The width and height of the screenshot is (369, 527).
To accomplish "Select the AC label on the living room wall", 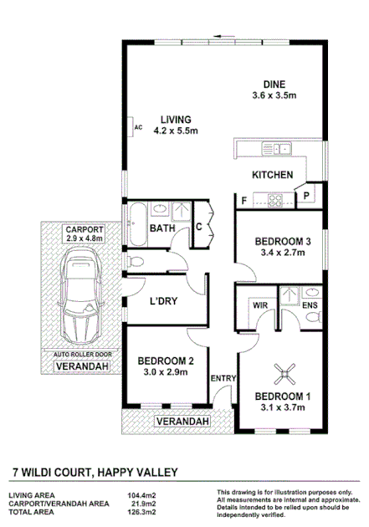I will [x=139, y=127].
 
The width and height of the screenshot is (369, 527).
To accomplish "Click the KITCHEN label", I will [x=273, y=175].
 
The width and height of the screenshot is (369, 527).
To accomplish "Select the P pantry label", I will [x=307, y=196].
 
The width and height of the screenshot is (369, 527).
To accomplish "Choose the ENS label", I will [x=310, y=306].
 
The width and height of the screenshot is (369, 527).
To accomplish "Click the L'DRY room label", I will [x=164, y=302].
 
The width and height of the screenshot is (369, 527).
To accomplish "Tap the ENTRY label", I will [x=223, y=379].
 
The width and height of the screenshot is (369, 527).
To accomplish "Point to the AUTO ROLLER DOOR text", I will [x=80, y=355].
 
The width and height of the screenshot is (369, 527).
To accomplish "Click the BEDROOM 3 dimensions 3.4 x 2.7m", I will [x=283, y=253].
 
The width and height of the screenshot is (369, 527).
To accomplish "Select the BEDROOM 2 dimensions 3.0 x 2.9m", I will [x=165, y=372].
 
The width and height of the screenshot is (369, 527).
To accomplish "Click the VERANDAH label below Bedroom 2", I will [x=181, y=422].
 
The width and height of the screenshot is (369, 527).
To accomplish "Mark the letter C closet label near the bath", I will [x=201, y=227].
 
